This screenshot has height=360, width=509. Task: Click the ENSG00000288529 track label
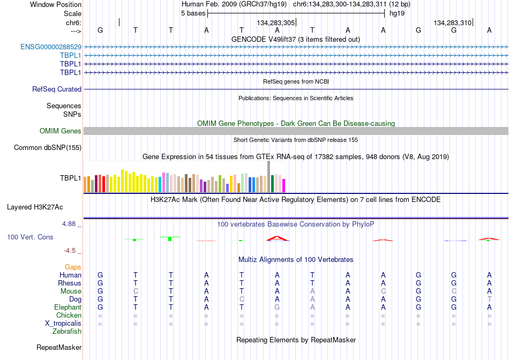51,47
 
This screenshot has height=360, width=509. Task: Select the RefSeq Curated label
56,89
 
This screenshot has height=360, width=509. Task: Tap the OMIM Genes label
60,131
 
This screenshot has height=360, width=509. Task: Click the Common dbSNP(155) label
47,148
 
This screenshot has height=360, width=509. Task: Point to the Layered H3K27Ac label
35,207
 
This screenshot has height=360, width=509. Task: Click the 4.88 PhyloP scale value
69,224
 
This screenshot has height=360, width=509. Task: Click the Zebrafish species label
67,332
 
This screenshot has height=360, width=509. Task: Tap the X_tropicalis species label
63,324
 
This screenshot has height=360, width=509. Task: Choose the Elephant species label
68,307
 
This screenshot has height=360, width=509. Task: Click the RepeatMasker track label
59,347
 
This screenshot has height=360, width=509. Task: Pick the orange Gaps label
73,267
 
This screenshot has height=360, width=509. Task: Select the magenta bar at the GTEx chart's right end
284,186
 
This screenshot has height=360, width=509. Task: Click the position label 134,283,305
275,22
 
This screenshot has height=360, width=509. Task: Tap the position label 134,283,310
453,22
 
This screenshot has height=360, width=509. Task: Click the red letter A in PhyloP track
278,238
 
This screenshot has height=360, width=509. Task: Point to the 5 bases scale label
193,13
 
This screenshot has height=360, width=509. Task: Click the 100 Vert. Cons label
30,237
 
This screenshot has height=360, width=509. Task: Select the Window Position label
56,4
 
